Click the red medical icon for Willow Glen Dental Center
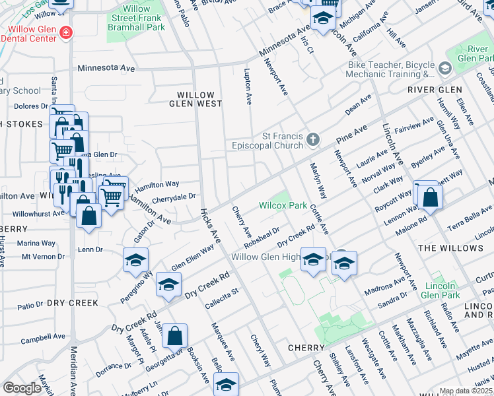pyautogui.click(x=65, y=32)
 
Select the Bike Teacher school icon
pyautogui.click(x=444, y=69)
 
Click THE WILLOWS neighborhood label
pyautogui.click(x=450, y=248)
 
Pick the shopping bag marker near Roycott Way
pyautogui.click(x=430, y=197)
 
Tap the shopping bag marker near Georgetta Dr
pyautogui.click(x=175, y=336)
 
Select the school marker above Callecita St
pyautogui.click(x=168, y=284)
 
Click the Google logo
pyautogui.click(x=22, y=388)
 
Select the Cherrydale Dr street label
pyautogui.click(x=174, y=196)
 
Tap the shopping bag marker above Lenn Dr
pyautogui.click(x=88, y=215)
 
